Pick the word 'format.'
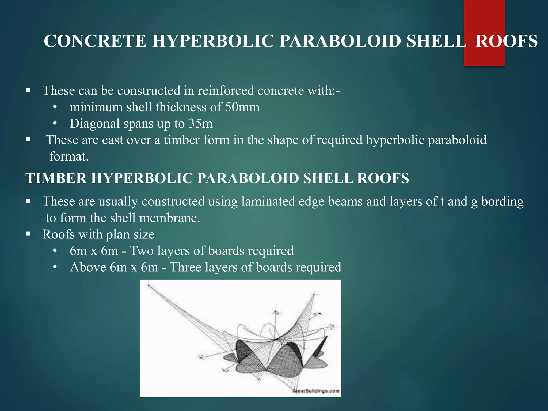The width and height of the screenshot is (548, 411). pyautogui.click(x=69, y=156)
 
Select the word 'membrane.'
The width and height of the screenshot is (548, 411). pyautogui.click(x=170, y=218)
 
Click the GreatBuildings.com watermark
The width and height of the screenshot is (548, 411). pyautogui.click(x=316, y=391)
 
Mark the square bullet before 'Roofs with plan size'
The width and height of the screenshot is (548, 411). pyautogui.click(x=28, y=234)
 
